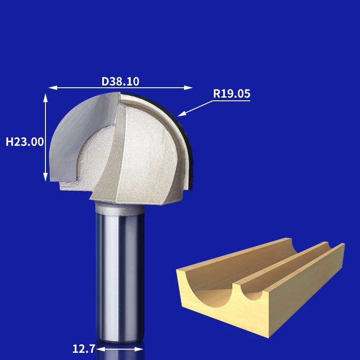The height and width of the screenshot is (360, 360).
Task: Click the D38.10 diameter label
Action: (x=120, y=81)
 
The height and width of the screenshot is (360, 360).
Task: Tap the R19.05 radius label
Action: (x=231, y=94)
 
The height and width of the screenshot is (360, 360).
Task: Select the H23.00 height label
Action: (x=25, y=142)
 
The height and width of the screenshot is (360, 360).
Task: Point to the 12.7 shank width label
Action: (x=84, y=349)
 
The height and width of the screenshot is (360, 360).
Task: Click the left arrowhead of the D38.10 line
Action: (x=53, y=88)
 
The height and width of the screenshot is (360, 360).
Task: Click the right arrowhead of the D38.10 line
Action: (x=188, y=88)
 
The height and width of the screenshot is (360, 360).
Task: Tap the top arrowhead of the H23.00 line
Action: (x=45, y=98)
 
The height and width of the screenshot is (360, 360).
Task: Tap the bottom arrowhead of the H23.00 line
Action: (x=45, y=177)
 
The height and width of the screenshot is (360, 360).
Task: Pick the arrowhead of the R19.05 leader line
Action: (x=181, y=114)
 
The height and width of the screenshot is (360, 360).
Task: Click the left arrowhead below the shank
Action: (x=101, y=349)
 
